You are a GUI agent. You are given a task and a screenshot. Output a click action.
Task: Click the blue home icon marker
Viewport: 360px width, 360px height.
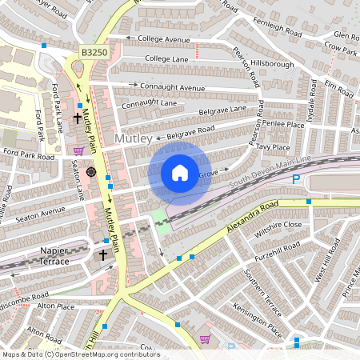point(180,172)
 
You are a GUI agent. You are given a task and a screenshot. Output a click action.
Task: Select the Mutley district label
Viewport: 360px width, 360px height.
point(134,139)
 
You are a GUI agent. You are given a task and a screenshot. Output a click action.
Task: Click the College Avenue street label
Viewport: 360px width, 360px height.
point(163,39)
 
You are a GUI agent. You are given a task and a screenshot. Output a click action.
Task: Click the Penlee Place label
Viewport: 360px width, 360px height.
point(285,125)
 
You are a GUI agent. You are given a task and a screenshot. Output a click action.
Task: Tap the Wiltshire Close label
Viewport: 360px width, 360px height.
point(278,225)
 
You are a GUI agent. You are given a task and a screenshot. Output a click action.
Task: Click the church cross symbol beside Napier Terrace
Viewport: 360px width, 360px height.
point(102,255)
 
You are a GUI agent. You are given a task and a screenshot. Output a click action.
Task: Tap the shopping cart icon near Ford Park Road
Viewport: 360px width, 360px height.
point(78,150)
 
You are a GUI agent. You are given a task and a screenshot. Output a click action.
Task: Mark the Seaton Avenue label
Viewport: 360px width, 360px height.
point(41,211)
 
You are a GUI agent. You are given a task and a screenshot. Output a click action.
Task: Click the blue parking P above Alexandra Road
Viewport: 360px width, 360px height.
point(296,180)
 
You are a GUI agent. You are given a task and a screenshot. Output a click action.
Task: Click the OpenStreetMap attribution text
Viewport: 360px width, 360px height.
point(80,354)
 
